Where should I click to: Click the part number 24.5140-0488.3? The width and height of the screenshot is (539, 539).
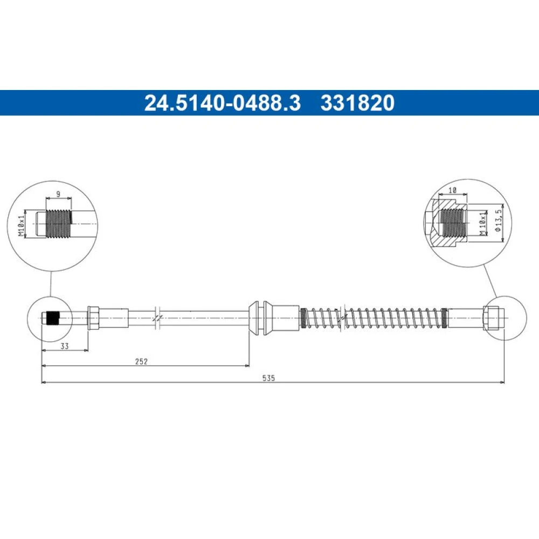[223, 103]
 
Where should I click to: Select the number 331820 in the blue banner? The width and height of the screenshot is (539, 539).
[357, 103]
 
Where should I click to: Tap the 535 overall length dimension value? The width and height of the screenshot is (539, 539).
[268, 378]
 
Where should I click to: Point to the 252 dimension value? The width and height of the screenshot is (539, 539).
[141, 361]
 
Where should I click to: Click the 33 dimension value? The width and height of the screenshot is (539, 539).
[65, 346]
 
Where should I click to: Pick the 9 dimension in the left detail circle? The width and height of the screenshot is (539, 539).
[58, 194]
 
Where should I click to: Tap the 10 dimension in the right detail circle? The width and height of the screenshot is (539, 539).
[452, 190]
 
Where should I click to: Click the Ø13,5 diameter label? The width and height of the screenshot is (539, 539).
[499, 220]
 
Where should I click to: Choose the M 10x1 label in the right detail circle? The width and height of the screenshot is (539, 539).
[483, 223]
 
